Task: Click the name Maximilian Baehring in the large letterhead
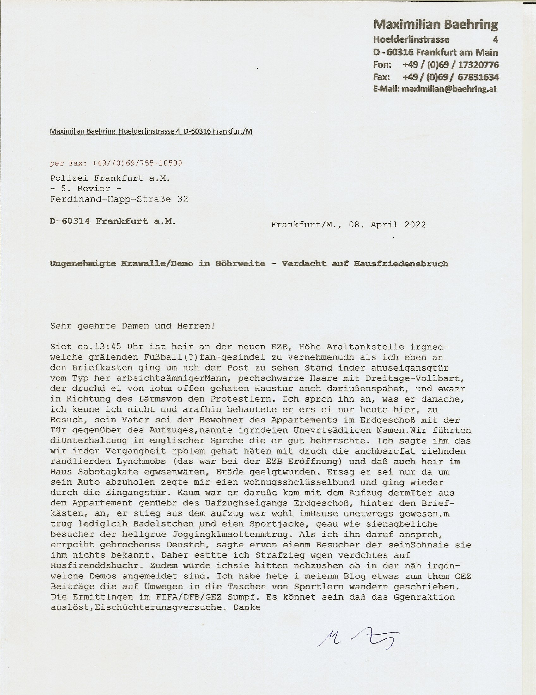click(x=435, y=25)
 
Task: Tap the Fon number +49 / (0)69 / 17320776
click(x=450, y=64)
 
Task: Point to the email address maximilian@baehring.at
click(x=449, y=89)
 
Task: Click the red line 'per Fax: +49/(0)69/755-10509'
click(x=116, y=163)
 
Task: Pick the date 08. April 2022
click(x=387, y=225)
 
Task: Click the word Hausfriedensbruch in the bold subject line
click(x=401, y=264)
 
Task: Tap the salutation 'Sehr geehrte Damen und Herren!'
click(x=132, y=326)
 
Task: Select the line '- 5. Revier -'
click(x=85, y=189)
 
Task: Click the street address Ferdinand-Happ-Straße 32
click(x=119, y=199)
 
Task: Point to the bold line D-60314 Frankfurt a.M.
click(x=113, y=221)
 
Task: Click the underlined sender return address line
click(x=151, y=131)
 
